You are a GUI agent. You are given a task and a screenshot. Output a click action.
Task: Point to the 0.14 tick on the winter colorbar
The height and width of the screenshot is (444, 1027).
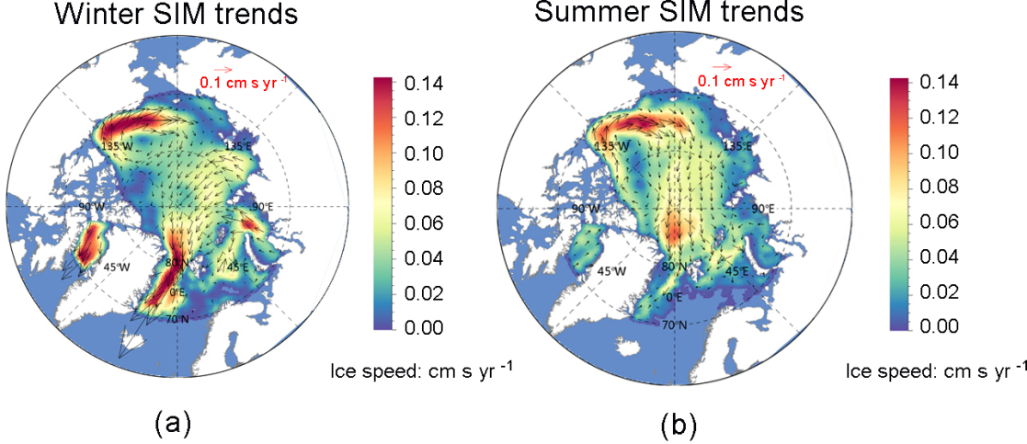[425, 85]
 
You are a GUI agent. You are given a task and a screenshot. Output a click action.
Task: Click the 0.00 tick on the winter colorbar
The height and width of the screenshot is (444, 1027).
[425, 327]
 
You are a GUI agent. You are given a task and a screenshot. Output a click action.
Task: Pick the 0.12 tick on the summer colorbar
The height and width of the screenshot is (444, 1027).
[941, 118]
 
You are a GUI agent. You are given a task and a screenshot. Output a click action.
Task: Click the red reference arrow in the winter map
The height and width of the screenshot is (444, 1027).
[222, 69]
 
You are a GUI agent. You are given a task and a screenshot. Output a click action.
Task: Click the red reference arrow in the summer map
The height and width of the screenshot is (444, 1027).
[722, 67]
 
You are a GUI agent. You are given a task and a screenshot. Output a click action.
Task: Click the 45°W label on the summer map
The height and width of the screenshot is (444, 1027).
[612, 271]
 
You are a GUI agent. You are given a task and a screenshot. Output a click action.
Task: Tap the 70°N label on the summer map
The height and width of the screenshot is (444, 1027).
[677, 325]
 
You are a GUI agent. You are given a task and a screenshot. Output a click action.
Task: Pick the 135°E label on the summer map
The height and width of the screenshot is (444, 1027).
[737, 145]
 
